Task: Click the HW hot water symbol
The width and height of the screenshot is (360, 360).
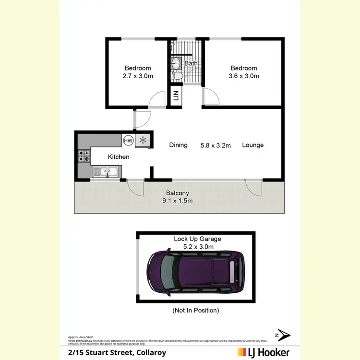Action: coord(128,141)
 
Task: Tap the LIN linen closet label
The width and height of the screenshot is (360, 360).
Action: coord(176,95)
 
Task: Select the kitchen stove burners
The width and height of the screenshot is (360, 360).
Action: coord(84,156)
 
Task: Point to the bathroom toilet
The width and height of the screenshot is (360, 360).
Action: coord(177,76)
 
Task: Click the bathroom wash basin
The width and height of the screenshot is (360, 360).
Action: coord(176,62)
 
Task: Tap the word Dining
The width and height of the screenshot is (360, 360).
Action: coord(178,145)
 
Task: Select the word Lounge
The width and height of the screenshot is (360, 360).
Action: coord(253,145)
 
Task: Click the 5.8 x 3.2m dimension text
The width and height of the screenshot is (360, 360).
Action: coord(216,145)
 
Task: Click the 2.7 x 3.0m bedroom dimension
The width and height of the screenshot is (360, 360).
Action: coord(138,76)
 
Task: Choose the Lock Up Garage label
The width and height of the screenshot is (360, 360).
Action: coord(198,239)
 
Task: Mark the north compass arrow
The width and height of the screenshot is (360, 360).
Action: coord(283,335)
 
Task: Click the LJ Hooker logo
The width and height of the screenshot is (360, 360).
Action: coord(264,352)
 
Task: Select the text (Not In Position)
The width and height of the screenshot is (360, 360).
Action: coord(195,311)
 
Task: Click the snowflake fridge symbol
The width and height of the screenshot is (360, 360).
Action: coord(143,140)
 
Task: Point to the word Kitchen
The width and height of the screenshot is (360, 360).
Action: coord(119,156)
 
